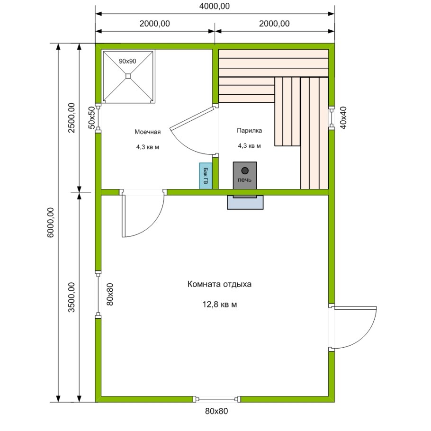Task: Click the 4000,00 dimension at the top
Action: (x=215, y=6)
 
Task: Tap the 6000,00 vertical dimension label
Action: (x=51, y=223)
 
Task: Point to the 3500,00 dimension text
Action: (x=72, y=297)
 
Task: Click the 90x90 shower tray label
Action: (x=127, y=61)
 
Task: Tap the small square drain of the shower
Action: (x=128, y=76)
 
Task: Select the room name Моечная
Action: (x=148, y=132)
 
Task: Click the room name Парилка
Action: (x=249, y=131)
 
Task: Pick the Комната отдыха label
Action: (x=219, y=284)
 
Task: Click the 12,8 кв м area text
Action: (x=220, y=305)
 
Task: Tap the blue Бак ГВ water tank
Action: (x=206, y=176)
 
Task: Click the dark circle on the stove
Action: (x=245, y=171)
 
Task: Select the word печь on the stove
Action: (x=245, y=180)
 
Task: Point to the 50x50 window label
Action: (x=92, y=117)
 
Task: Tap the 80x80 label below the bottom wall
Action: (x=216, y=411)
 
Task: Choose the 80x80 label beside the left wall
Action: (x=110, y=294)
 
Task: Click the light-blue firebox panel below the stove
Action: (x=245, y=202)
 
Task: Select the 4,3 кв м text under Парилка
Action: (x=249, y=146)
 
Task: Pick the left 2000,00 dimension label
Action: (x=154, y=24)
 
